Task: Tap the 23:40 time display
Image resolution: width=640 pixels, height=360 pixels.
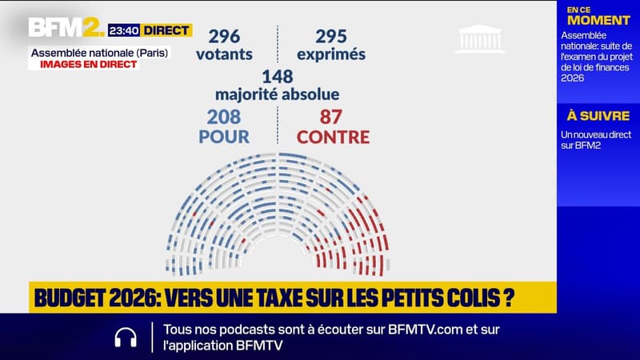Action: (124, 30)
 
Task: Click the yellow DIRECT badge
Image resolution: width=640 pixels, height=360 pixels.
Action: (166, 30)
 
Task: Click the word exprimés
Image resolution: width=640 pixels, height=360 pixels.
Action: (330, 54)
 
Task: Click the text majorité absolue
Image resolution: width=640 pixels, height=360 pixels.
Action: (278, 94)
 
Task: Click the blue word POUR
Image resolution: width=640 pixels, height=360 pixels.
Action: (224, 137)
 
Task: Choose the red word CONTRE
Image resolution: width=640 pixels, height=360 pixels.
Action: (333, 137)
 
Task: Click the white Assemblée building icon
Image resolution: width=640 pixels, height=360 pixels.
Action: (480, 38)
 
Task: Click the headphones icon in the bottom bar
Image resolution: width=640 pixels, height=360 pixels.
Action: (126, 337)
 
